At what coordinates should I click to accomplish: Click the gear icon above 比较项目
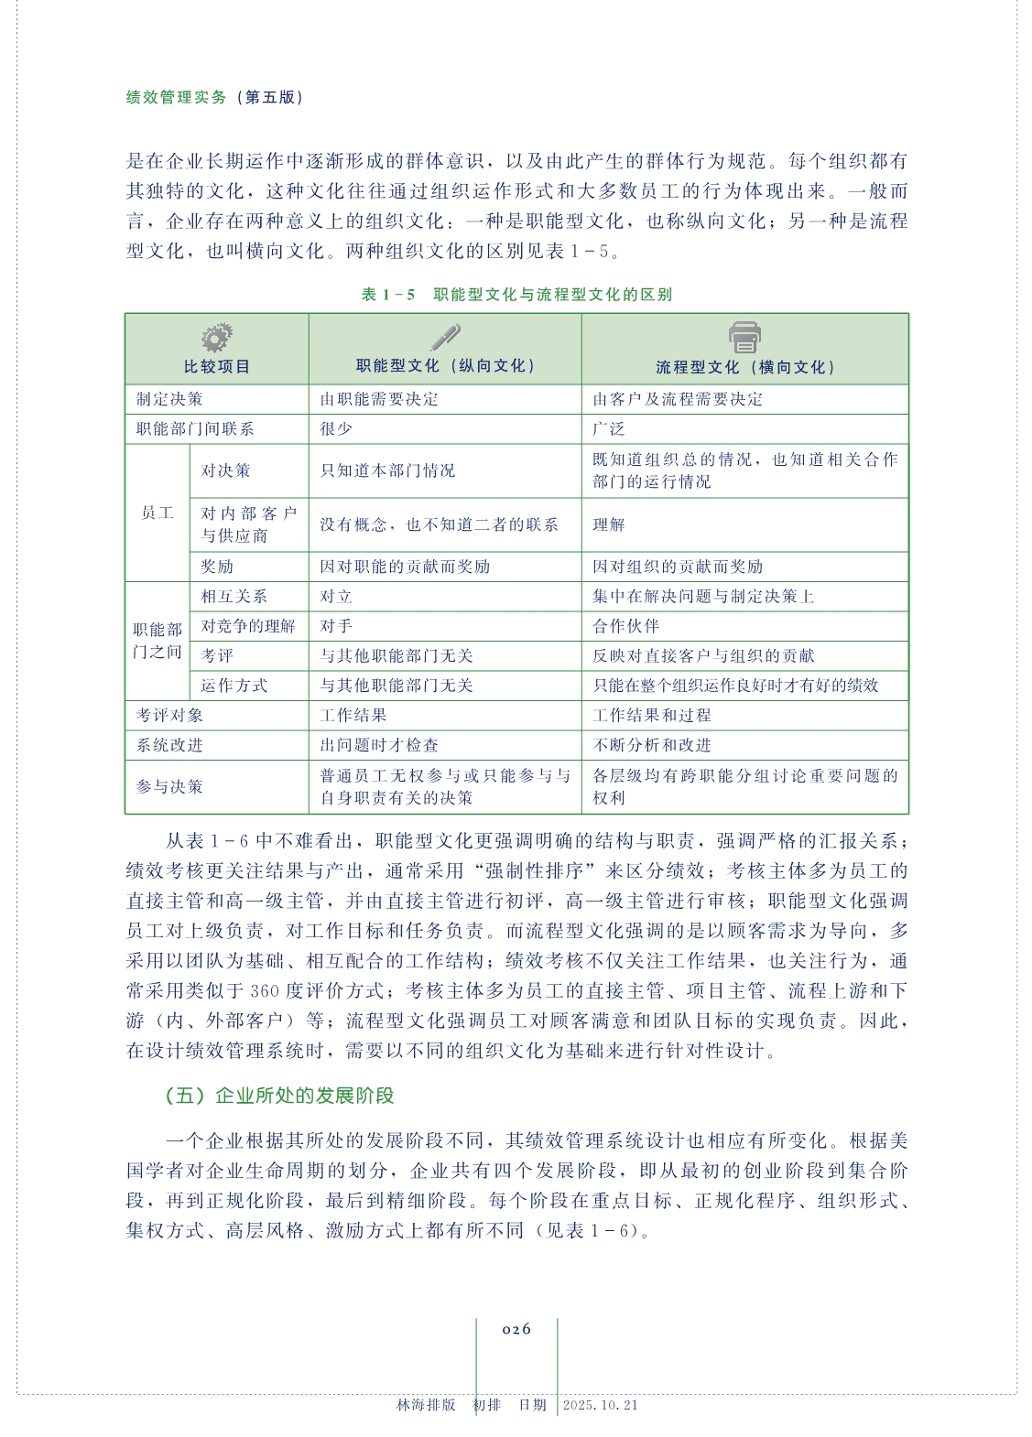pos(217,337)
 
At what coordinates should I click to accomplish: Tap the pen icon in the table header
pos(445,336)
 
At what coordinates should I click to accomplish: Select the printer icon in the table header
pos(744,337)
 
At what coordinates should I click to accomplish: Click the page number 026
pos(516,1330)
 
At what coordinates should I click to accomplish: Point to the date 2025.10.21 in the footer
pos(600,1405)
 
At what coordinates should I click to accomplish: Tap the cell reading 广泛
pos(609,428)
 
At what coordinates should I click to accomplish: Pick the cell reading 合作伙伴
pos(626,626)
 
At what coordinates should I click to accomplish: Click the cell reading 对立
pos(336,597)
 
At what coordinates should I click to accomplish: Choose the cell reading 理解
pos(609,524)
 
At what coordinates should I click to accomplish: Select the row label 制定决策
pos(170,399)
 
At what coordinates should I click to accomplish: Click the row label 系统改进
pos(170,745)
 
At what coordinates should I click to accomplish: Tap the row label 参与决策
pos(170,786)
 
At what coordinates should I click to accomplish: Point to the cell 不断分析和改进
pos(652,745)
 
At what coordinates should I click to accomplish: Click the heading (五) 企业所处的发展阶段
pos(279,1096)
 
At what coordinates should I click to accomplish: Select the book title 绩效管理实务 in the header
pos(176,97)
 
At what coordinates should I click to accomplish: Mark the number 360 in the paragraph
pos(264,990)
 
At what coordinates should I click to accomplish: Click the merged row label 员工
pos(158,513)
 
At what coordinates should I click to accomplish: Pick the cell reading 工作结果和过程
pos(652,715)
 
